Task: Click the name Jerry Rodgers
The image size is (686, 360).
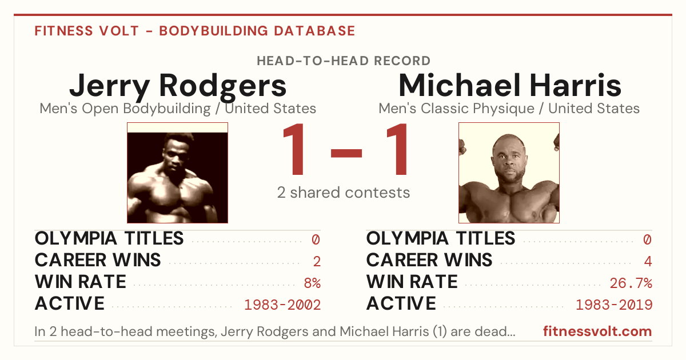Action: pyautogui.click(x=178, y=87)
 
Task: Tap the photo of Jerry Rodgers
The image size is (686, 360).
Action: pyautogui.click(x=177, y=173)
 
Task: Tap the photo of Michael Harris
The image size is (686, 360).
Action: pyautogui.click(x=509, y=173)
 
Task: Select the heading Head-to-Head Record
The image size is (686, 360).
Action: pyautogui.click(x=344, y=61)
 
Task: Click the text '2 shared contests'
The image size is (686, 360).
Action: pyautogui.click(x=344, y=193)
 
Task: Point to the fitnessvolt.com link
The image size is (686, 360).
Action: pyautogui.click(x=597, y=331)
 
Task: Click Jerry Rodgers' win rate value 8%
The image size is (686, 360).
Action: pyautogui.click(x=312, y=283)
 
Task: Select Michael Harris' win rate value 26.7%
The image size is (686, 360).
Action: pyautogui.click(x=631, y=283)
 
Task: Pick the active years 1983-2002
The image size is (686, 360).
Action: pyautogui.click(x=282, y=305)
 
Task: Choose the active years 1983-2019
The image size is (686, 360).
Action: pyautogui.click(x=614, y=305)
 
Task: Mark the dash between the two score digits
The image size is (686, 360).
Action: pyautogui.click(x=346, y=153)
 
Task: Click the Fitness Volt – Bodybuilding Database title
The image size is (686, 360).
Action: pyautogui.click(x=195, y=31)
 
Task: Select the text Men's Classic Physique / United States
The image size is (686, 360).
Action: pyautogui.click(x=509, y=109)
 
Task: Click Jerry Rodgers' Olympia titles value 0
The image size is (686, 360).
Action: pyautogui.click(x=316, y=239)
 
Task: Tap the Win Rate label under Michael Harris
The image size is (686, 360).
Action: pyautogui.click(x=412, y=282)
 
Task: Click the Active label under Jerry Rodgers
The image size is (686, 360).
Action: pyautogui.click(x=70, y=303)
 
